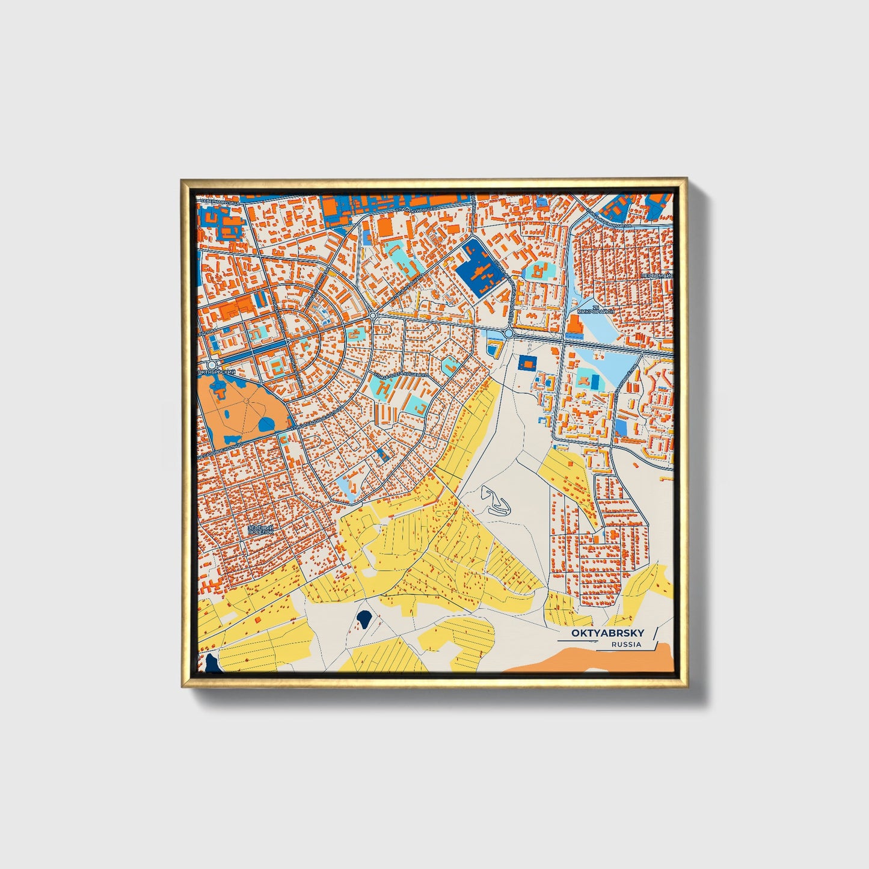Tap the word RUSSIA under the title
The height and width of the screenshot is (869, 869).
(x=626, y=645)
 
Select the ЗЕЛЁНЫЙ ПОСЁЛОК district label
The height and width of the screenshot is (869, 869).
(x=261, y=530)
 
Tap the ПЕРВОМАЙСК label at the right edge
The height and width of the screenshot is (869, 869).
(x=657, y=275)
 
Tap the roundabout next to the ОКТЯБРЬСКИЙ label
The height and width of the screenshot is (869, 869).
(x=211, y=364)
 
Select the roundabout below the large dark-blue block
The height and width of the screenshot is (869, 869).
(x=509, y=333)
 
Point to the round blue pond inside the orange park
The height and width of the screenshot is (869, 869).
(x=265, y=425)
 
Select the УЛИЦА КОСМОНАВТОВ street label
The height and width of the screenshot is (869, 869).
(x=607, y=221)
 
